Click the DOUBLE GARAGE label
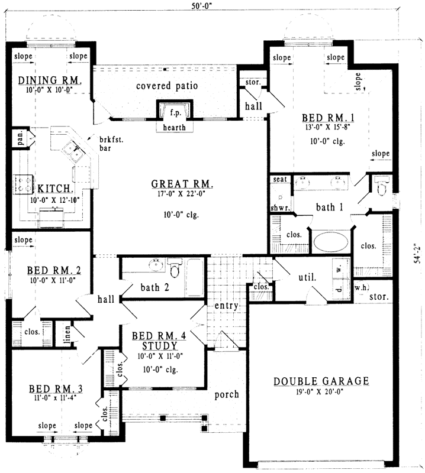tap(321, 381)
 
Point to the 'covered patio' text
tap(167, 86)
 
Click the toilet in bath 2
tap(175, 270)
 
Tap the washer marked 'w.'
tap(339, 267)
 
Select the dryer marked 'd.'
tap(339, 289)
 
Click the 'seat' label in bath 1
tap(280, 180)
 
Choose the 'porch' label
tap(227, 394)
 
